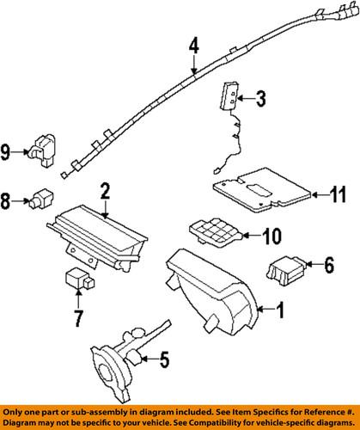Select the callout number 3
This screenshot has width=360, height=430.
(261, 100)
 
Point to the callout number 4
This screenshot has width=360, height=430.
(194, 46)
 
